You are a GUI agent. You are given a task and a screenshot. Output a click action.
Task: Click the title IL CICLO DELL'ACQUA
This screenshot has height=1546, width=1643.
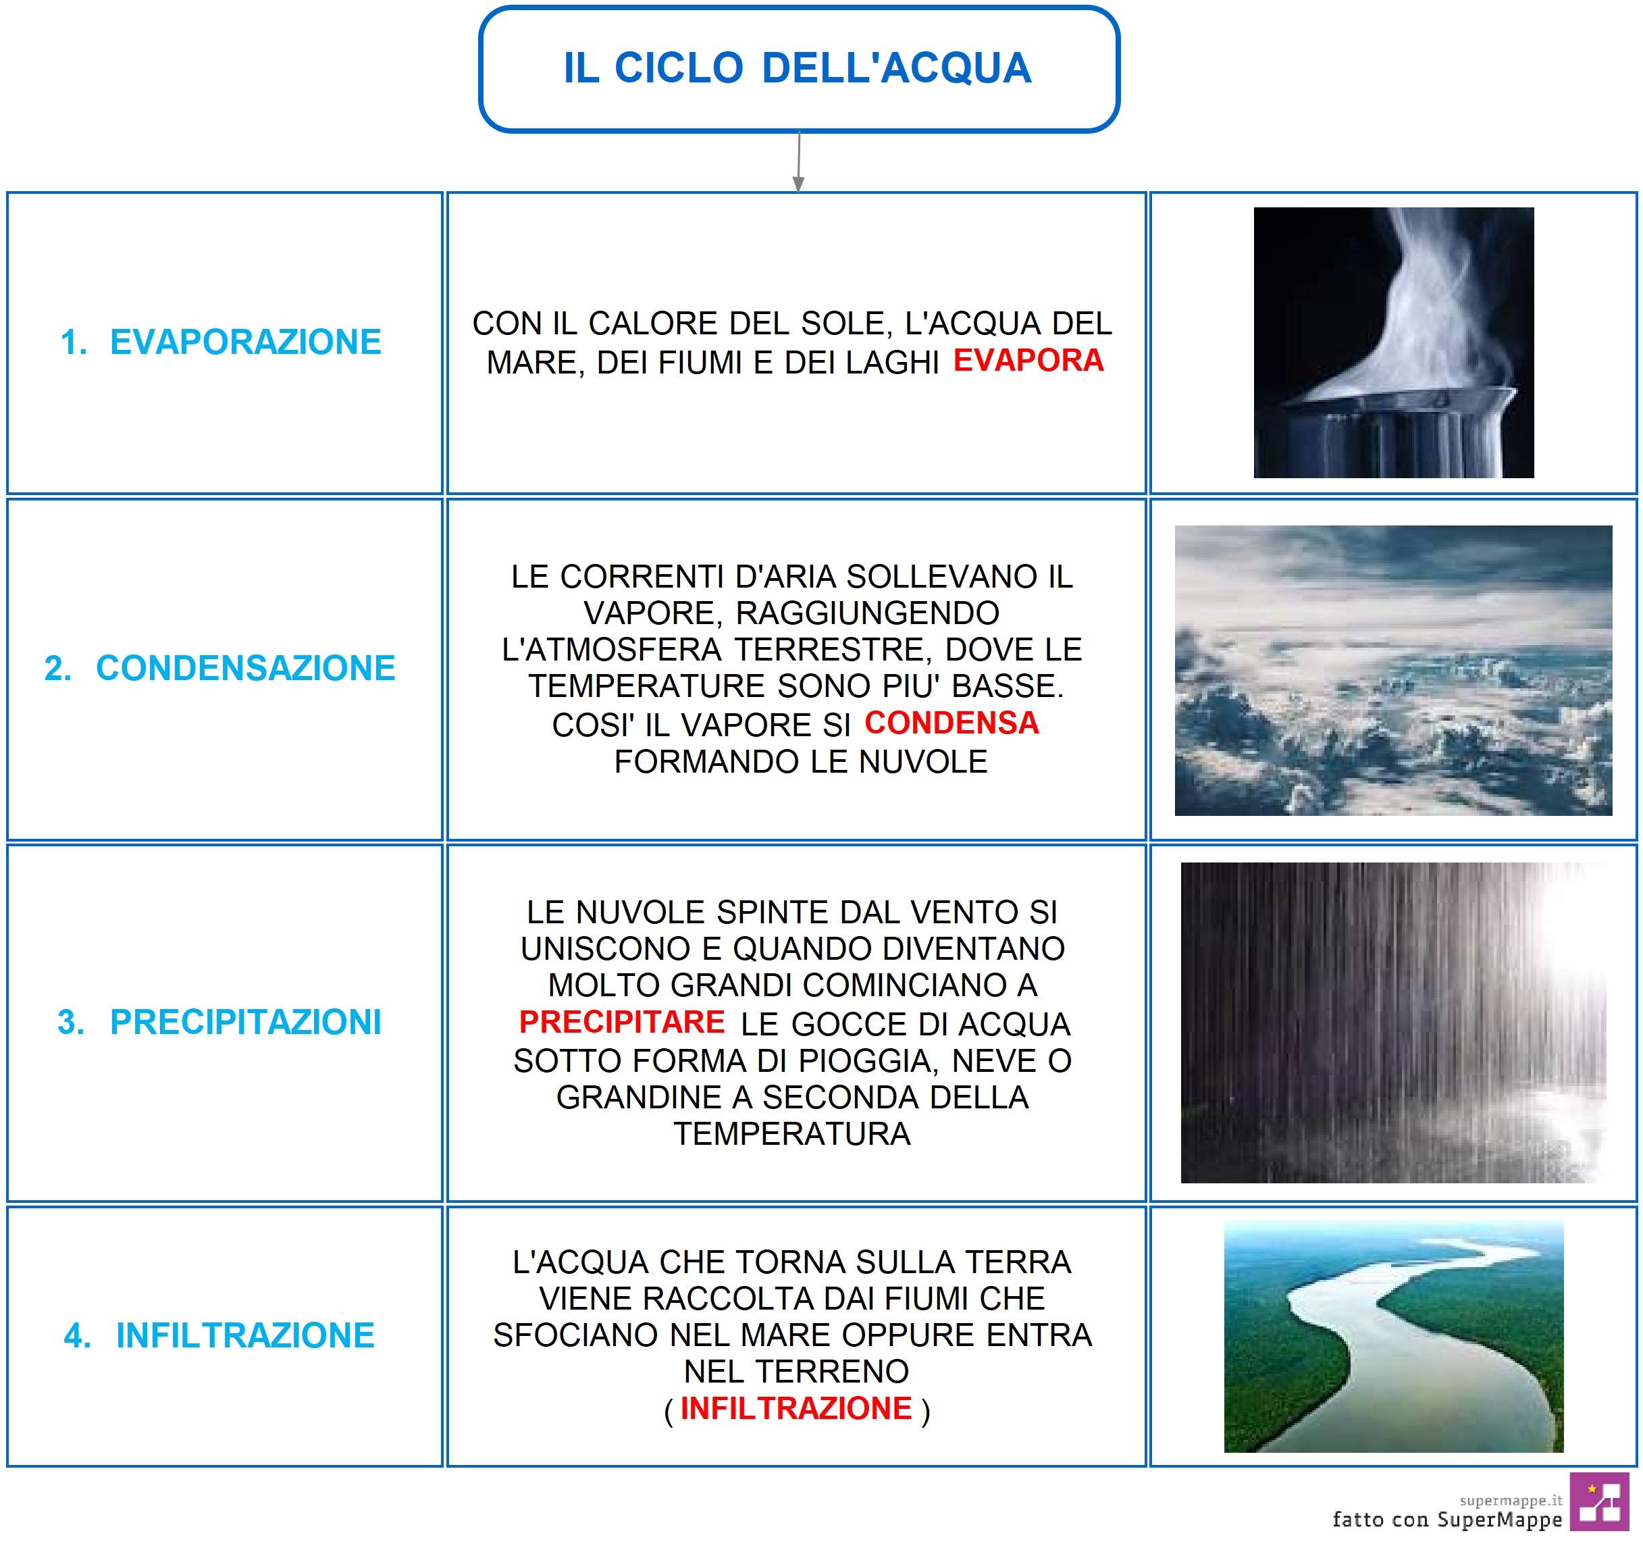tap(798, 68)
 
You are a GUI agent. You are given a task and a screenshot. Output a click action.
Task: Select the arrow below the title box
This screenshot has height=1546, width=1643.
tap(798, 161)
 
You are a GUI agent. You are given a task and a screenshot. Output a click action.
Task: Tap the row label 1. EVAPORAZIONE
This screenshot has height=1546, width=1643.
tap(221, 342)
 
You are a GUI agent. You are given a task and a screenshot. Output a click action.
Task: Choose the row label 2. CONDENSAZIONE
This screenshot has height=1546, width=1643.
tap(220, 668)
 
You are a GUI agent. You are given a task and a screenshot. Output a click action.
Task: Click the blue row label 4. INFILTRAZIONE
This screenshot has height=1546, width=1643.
tap(219, 1335)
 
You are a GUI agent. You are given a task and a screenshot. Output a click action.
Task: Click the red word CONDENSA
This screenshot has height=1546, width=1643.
tap(951, 723)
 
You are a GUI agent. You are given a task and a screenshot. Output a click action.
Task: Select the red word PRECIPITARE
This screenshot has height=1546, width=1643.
tap(621, 1022)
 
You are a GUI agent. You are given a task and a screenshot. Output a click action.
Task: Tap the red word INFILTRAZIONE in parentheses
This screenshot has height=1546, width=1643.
tap(796, 1408)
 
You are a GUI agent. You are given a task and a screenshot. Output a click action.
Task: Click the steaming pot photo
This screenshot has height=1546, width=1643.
tap(1393, 342)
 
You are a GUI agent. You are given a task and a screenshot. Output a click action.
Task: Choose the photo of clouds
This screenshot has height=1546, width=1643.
tap(1393, 671)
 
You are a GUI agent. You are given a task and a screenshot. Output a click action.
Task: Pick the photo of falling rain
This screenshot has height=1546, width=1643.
tap(1393, 1023)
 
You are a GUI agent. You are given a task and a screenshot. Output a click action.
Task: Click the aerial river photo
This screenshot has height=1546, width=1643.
tap(1393, 1337)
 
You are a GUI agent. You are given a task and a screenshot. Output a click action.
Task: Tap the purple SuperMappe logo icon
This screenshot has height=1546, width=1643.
tap(1599, 1501)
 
